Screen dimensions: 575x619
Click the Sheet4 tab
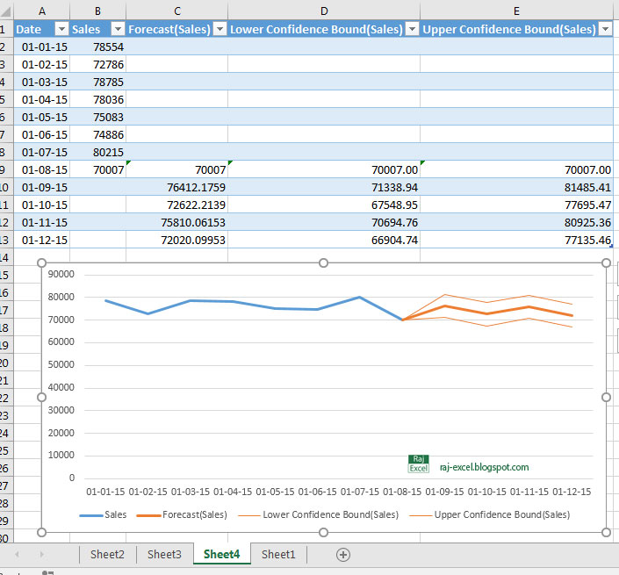(221, 554)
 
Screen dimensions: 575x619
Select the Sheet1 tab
(278, 554)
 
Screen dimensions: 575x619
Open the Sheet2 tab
(107, 554)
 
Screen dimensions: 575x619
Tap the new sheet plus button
(343, 554)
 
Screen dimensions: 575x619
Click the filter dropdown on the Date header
(61, 29)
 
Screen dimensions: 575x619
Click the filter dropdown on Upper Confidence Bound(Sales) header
(605, 29)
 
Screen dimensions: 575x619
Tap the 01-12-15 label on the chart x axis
(571, 492)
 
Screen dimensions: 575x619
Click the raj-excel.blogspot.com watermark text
(484, 468)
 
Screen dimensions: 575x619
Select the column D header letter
(324, 10)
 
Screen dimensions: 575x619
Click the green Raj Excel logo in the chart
(418, 464)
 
